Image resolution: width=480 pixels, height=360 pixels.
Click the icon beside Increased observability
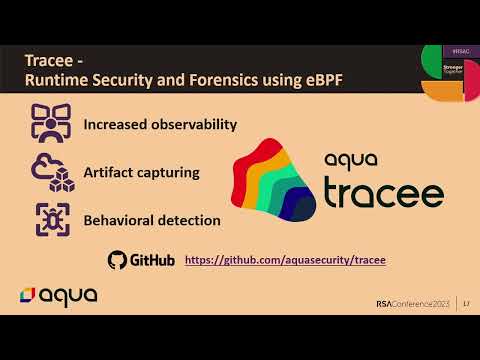(x=52, y=125)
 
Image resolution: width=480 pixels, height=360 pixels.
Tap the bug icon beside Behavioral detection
(x=52, y=218)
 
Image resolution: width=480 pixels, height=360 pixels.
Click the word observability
(x=192, y=125)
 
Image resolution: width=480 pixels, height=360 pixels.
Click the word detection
(x=190, y=219)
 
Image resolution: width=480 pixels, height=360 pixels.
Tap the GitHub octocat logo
(x=118, y=260)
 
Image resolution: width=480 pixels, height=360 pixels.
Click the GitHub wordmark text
(x=154, y=260)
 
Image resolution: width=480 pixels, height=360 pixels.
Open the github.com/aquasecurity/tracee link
(x=285, y=260)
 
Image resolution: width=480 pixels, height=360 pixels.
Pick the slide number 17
(x=466, y=304)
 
